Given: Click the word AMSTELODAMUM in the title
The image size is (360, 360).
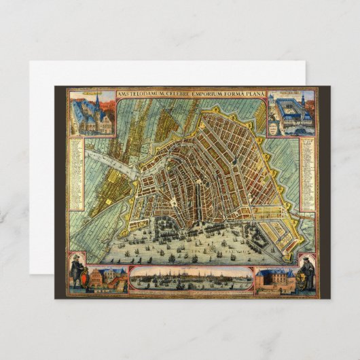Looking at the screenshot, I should coord(140,94).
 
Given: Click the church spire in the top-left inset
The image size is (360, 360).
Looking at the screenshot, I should coord(98,102).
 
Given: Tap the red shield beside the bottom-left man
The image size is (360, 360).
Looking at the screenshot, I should coord(82,278).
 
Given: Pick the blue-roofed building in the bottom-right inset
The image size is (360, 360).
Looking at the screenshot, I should coord(276,279).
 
